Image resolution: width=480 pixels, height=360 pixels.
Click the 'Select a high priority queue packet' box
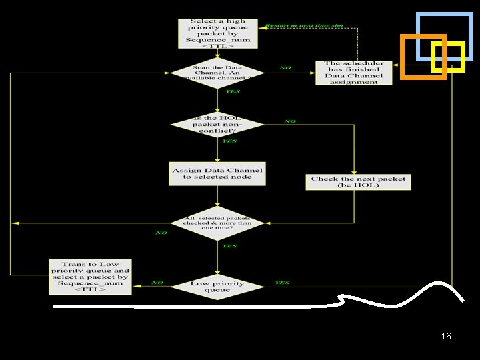click(x=218, y=33)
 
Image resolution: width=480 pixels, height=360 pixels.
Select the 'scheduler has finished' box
click(x=353, y=73)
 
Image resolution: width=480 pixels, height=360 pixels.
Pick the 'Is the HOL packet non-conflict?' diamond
click(x=218, y=125)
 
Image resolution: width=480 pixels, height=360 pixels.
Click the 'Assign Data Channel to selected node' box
click(x=217, y=173)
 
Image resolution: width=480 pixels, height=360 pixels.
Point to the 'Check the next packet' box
click(x=358, y=181)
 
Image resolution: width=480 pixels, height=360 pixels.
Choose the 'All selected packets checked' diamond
click(x=218, y=223)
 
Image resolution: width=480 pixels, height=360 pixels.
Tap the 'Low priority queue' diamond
click(x=218, y=287)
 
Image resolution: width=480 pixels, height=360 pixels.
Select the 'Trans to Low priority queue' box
click(x=91, y=277)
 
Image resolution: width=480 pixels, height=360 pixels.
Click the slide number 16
click(x=446, y=336)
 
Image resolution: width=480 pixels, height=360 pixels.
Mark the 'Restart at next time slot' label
click(x=304, y=25)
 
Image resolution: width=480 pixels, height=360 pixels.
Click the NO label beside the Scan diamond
click(x=285, y=68)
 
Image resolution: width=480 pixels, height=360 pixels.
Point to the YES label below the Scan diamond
click(x=233, y=92)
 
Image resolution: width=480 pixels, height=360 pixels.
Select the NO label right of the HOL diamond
click(x=290, y=121)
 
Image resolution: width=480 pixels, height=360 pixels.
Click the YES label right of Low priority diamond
click(x=282, y=283)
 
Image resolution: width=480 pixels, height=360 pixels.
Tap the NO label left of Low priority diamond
click(x=157, y=283)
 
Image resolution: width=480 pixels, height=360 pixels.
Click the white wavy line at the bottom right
click(x=373, y=299)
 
